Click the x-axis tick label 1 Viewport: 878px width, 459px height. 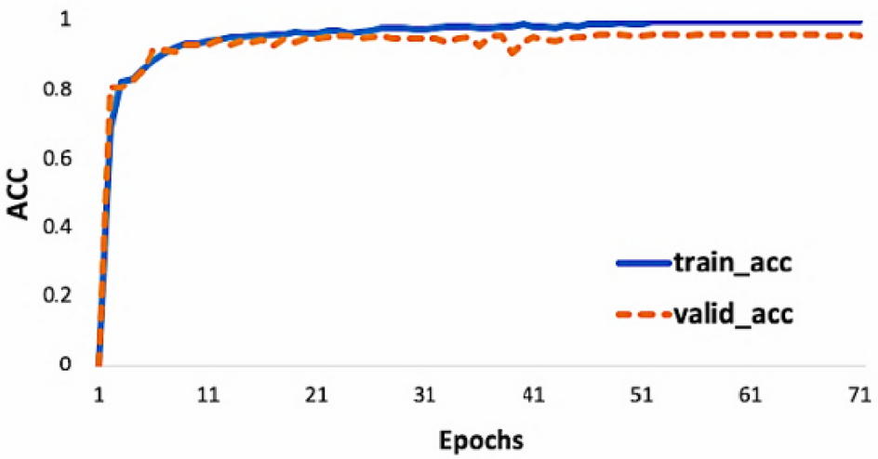(x=99, y=394)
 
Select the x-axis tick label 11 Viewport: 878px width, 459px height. (x=207, y=394)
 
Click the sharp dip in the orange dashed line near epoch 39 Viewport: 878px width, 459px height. (x=512, y=53)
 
